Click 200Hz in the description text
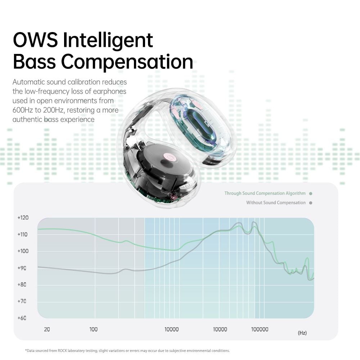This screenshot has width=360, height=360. point(53,110)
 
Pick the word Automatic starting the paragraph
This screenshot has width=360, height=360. point(28,82)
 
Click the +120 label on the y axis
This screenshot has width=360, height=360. point(23,218)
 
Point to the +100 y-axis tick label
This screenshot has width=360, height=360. point(23,251)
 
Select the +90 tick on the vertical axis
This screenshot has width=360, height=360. point(22,268)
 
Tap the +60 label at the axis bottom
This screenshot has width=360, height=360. point(22,318)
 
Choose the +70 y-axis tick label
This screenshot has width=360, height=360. point(22,301)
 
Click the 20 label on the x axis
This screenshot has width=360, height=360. point(47,329)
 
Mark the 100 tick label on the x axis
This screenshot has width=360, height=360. point(94,329)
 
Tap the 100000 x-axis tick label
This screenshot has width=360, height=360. point(260,329)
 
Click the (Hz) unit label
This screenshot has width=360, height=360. point(302,333)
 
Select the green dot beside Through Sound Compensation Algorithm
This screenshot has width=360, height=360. point(311,194)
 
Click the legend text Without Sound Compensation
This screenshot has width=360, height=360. point(276,203)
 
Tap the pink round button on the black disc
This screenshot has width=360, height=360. point(170,157)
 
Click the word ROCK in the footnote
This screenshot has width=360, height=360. point(62,351)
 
